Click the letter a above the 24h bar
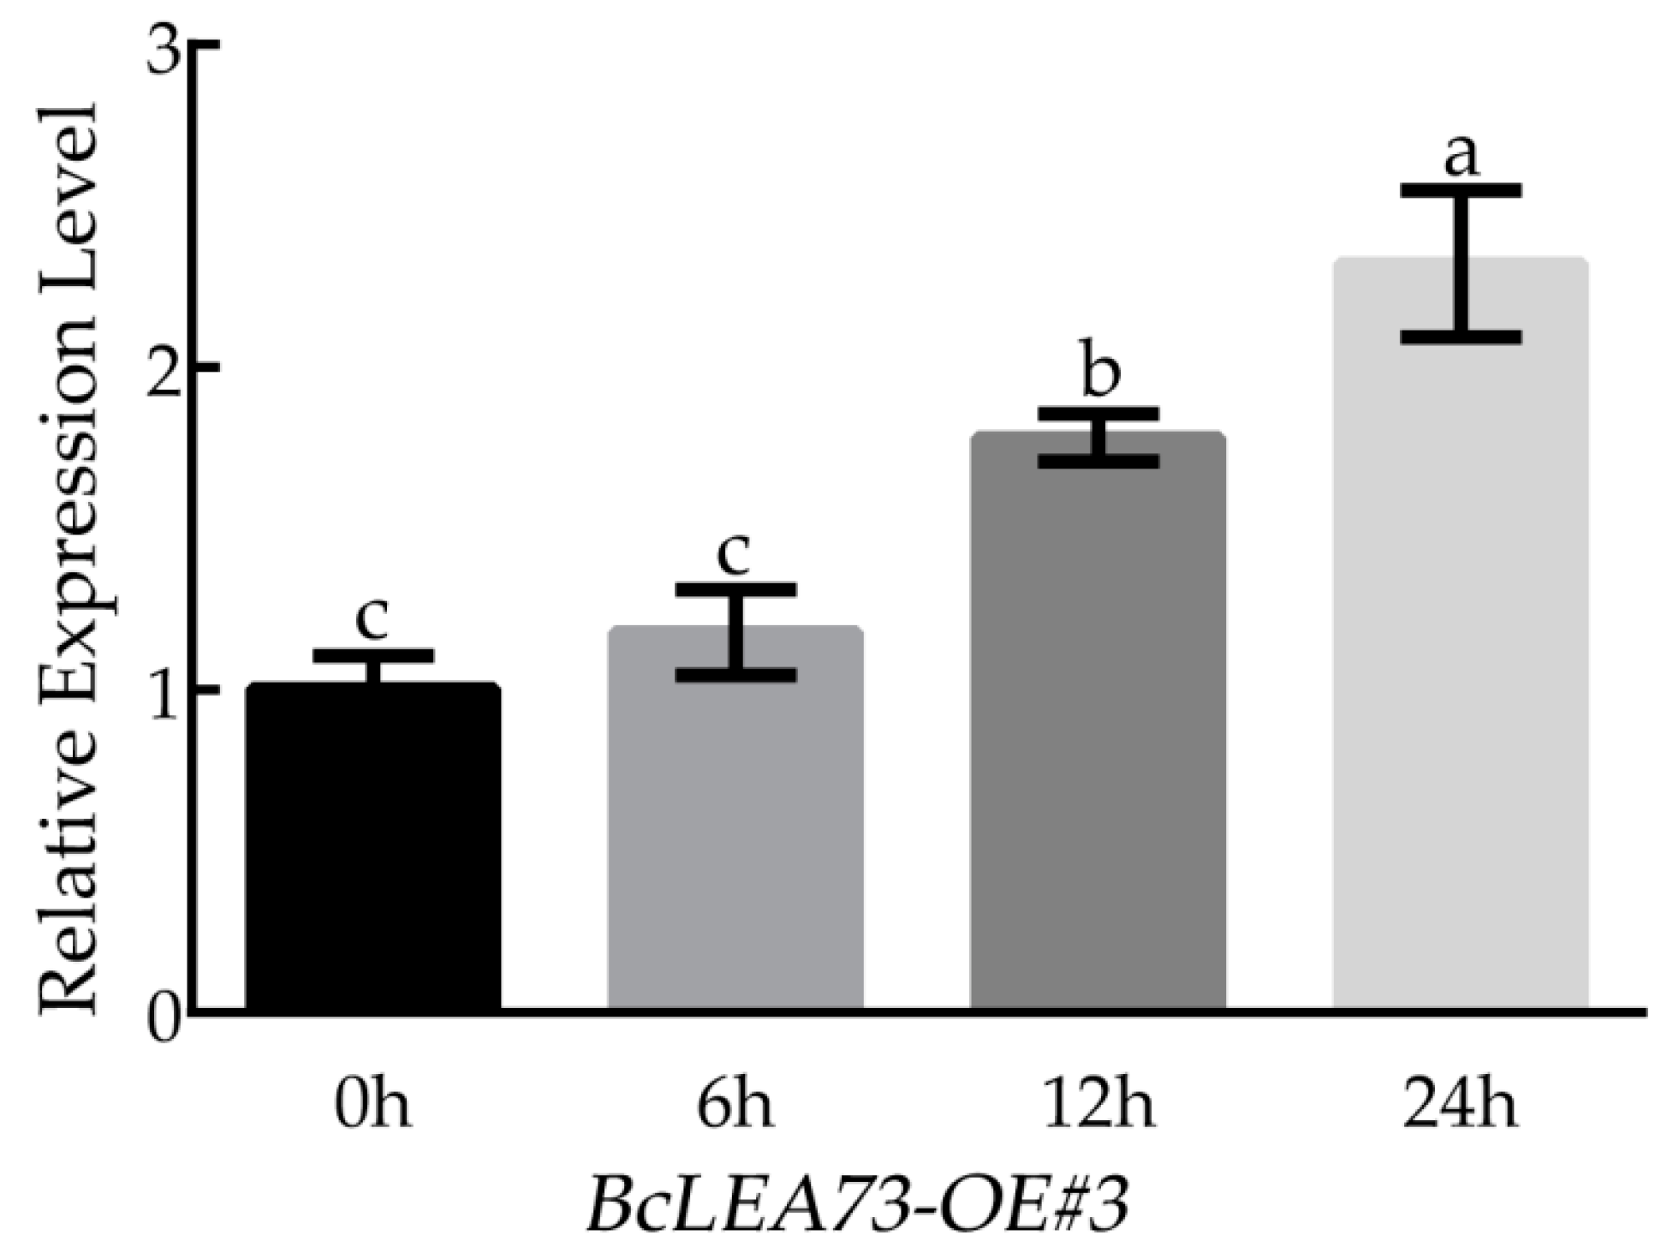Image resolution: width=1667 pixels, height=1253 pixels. [1461, 158]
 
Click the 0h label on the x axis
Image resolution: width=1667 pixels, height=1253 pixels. [373, 1106]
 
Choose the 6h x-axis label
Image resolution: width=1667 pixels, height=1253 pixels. [735, 1106]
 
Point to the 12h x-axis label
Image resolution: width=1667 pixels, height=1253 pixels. [1098, 1106]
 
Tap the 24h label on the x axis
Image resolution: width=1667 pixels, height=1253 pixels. [1461, 1106]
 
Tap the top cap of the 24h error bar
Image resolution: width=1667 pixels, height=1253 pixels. [1461, 190]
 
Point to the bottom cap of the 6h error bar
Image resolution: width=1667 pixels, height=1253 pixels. [735, 675]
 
